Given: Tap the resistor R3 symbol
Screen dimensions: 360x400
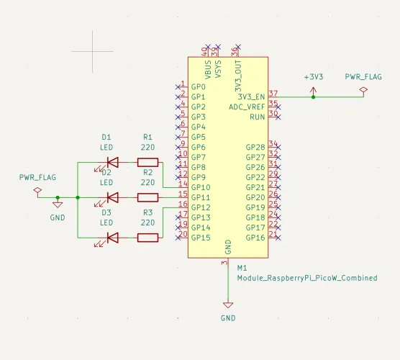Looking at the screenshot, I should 147,237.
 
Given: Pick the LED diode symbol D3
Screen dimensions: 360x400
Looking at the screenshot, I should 112,237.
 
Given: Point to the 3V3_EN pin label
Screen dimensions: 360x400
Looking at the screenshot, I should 251,96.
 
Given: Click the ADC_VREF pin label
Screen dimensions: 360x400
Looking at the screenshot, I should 247,107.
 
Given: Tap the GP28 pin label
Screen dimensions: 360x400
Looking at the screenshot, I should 255,147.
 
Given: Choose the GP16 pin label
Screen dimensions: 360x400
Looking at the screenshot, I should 255,238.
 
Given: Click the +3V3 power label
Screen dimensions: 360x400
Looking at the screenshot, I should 313,76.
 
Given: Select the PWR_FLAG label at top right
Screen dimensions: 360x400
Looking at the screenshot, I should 363,76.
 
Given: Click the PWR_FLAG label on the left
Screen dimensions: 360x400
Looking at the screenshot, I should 37,176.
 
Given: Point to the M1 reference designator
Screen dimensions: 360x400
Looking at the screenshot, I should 242,267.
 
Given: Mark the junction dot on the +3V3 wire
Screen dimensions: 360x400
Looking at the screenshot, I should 313,96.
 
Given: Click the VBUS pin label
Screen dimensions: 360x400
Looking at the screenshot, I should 208,70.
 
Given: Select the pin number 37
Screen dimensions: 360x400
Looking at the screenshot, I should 273,93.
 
